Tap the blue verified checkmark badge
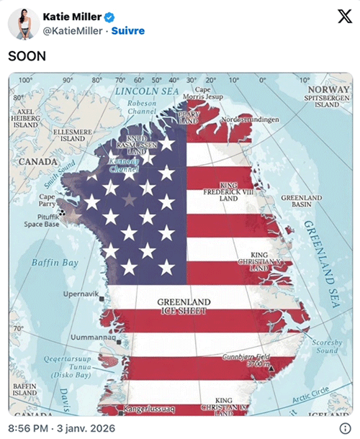[x=107, y=17]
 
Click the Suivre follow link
[x=128, y=31]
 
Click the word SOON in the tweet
[x=27, y=55]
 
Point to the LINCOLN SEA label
[x=147, y=91]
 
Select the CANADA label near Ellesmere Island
[x=37, y=162]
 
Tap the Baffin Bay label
[x=55, y=263]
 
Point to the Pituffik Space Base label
[x=42, y=220]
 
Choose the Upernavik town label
[x=81, y=294]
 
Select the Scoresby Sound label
[x=328, y=347]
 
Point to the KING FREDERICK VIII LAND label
[x=228, y=191]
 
